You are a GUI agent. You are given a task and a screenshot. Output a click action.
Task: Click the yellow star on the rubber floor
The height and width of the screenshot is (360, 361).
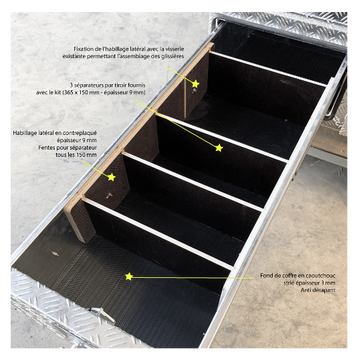tap(129, 277)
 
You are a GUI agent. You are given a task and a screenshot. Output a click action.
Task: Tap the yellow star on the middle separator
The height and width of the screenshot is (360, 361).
tap(219, 148)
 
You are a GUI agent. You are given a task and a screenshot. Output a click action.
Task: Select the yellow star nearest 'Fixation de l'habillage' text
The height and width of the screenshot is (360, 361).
tap(195, 84)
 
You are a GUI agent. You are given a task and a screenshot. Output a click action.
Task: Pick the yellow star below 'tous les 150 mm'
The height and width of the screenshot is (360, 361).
tap(112, 177)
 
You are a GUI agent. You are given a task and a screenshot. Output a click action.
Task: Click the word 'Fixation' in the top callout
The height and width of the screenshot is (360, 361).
tap(82, 49)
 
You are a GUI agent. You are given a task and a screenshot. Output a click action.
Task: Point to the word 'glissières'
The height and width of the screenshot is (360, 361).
tap(173, 56)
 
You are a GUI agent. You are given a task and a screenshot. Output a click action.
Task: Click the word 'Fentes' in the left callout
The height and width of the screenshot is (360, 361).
tap(45, 148)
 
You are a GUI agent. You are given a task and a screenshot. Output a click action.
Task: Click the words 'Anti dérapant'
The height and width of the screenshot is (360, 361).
tap(318, 291)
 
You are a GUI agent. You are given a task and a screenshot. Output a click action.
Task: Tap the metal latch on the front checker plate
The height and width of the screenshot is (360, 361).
tap(103, 315)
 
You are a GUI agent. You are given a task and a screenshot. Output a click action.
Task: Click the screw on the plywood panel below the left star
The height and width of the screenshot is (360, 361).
tap(109, 196)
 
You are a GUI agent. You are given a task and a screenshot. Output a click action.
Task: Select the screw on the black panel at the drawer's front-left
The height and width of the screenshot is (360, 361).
tap(55, 254)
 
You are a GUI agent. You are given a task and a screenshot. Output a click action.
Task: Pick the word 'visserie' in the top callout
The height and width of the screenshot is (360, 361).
tap(175, 49)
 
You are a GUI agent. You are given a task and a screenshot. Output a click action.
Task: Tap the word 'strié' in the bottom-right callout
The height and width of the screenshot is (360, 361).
tap(289, 283)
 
